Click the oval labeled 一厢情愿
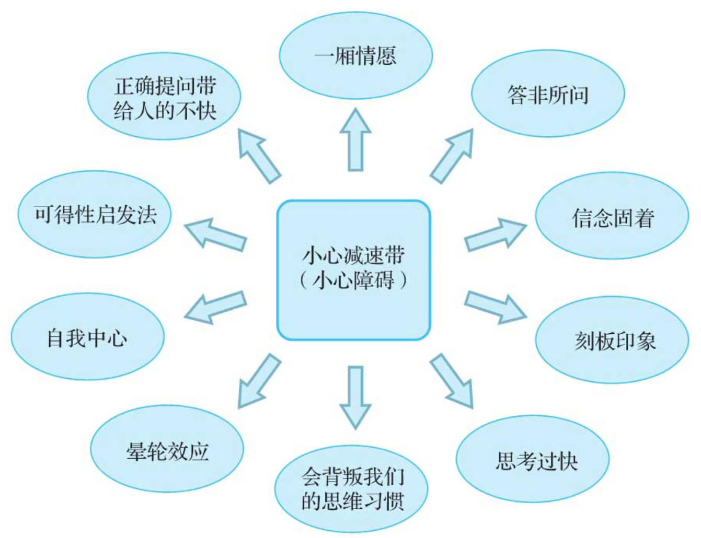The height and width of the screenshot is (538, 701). click(x=355, y=55)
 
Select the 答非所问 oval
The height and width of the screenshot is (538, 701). click(x=548, y=94)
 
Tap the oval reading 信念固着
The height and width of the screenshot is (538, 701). click(x=612, y=216)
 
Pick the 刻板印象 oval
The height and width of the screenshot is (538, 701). click(x=612, y=340)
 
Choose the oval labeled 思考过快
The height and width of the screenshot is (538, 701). click(x=533, y=460)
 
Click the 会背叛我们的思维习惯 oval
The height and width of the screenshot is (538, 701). click(x=351, y=489)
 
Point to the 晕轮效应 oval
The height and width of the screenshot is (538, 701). click(x=167, y=449)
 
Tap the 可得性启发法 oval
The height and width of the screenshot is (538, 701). click(x=95, y=214)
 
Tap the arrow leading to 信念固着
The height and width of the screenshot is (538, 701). click(x=495, y=235)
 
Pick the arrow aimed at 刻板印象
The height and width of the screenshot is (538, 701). click(x=495, y=307)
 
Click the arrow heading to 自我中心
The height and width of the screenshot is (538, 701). click(x=215, y=307)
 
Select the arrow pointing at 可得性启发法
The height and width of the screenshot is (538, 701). click(x=215, y=235)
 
